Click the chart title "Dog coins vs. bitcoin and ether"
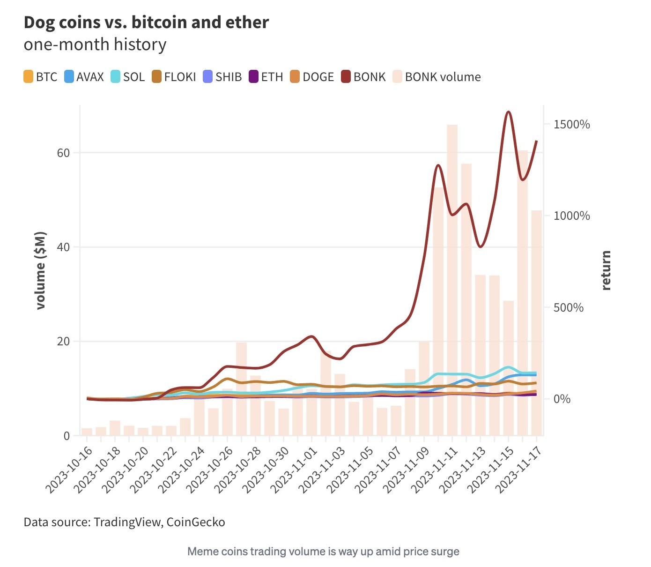tap(146, 22)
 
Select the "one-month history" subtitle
tap(95, 45)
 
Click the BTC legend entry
tap(41, 77)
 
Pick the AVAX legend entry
tap(84, 77)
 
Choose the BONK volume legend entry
tap(436, 77)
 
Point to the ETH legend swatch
tap(254, 77)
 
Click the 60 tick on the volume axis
tap(63, 153)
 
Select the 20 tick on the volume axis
tap(63, 341)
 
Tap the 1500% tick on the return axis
tap(571, 125)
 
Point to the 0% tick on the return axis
tap(562, 399)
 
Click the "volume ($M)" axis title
tap(41, 270)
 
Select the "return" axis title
tap(606, 270)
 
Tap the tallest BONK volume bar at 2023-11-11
tap(452, 281)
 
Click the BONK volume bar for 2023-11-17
tap(536, 323)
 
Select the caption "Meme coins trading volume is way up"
tap(323, 552)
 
